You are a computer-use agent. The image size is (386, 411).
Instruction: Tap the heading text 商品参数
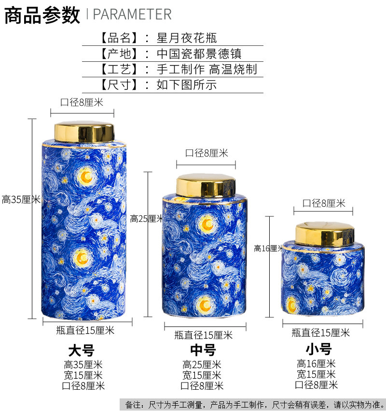point(42,14)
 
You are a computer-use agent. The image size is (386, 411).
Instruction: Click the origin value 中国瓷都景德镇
point(199,53)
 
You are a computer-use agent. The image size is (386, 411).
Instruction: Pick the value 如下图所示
point(186,85)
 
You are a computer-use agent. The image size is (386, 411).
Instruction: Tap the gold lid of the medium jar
point(206,184)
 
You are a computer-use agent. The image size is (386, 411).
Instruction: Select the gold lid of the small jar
point(325,234)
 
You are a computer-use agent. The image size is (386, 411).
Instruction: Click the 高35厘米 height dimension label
point(21,199)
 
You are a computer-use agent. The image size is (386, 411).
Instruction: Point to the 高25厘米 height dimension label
point(147,219)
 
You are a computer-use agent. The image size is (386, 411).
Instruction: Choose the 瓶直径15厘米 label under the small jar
point(320,332)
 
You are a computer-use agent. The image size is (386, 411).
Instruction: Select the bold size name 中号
point(203,350)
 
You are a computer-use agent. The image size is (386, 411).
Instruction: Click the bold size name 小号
point(318,349)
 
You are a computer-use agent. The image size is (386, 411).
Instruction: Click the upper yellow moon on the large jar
point(86,177)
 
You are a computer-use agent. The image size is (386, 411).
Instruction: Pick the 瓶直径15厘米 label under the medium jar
point(203,335)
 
